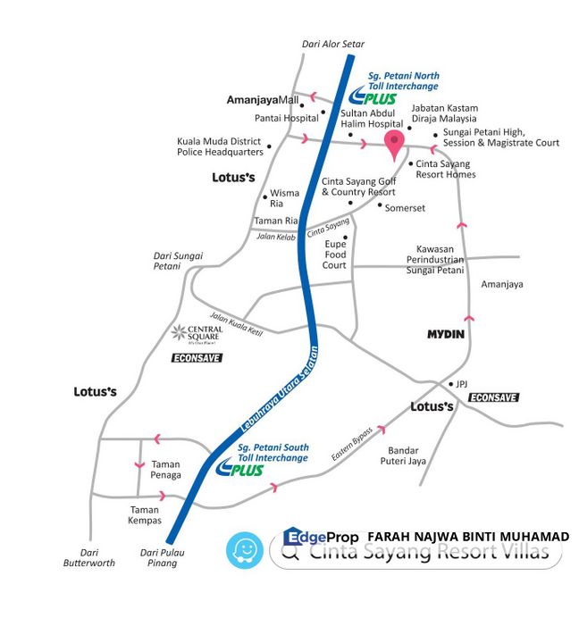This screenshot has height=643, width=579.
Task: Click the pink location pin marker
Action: click(394, 143)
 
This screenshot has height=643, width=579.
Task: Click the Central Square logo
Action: click(197, 335)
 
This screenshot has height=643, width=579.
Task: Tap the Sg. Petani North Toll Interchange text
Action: click(403, 80)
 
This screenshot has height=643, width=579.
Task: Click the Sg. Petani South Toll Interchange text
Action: click(273, 452)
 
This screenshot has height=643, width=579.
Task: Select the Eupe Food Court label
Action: click(334, 254)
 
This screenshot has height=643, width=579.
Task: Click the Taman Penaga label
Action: click(166, 470)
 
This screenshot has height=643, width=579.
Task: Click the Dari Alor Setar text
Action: click(335, 44)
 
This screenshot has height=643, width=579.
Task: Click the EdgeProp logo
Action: click(321, 537)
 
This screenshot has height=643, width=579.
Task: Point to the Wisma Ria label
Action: click(284, 197)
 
